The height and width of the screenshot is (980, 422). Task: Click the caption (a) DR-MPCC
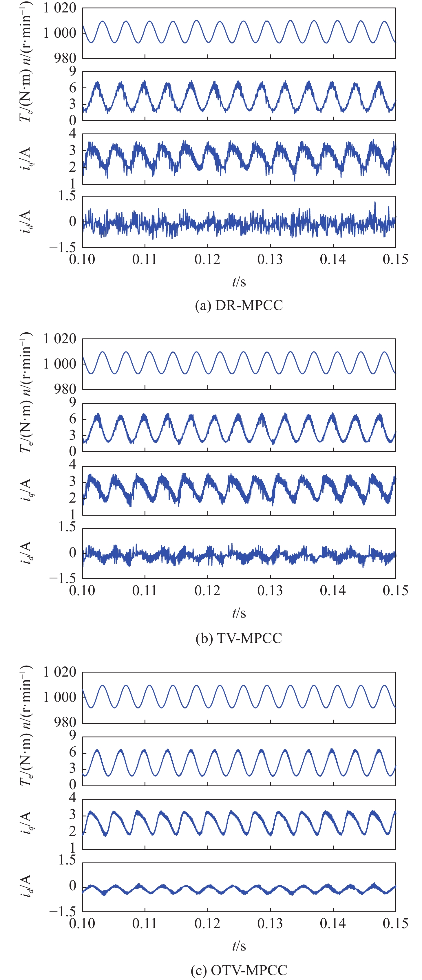239,305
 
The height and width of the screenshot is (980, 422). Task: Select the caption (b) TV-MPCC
239,638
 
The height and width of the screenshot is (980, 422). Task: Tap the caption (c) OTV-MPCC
239,970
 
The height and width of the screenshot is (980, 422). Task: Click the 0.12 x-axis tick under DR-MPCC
207,259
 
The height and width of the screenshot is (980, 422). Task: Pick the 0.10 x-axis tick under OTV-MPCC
82,923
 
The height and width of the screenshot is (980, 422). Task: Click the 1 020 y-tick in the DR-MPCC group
60,8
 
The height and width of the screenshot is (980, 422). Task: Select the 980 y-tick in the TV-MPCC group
65,389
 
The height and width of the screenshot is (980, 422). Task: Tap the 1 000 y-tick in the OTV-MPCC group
60,697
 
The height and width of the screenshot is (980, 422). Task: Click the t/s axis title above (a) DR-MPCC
239,282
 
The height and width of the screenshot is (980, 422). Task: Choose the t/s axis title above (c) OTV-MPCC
239,946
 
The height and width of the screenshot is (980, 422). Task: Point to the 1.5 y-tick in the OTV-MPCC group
67,860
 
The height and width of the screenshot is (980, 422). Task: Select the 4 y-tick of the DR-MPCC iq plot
72,133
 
